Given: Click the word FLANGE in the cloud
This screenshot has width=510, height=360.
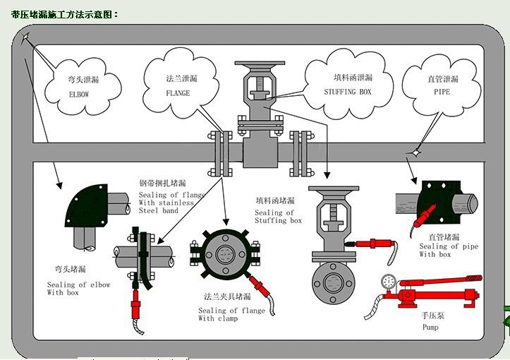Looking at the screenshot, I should pyautogui.click(x=178, y=92).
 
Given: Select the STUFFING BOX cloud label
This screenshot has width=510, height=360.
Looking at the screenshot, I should pyautogui.click(x=347, y=92).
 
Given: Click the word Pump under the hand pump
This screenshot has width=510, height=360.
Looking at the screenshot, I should pyautogui.click(x=430, y=328).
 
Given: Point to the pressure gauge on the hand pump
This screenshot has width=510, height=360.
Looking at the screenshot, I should pyautogui.click(x=387, y=281).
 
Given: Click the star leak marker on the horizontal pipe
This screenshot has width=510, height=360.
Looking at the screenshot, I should pyautogui.click(x=417, y=151).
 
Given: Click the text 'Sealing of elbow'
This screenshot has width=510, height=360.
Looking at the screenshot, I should pyautogui.click(x=78, y=285).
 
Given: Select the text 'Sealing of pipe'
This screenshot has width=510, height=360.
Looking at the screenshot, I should pyautogui.click(x=449, y=246).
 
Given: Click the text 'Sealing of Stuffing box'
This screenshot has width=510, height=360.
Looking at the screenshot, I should pyautogui.click(x=278, y=217).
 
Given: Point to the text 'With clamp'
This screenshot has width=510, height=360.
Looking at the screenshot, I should pyautogui.click(x=217, y=318).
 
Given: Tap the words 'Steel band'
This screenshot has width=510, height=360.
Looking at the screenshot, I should pyautogui.click(x=159, y=210).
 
